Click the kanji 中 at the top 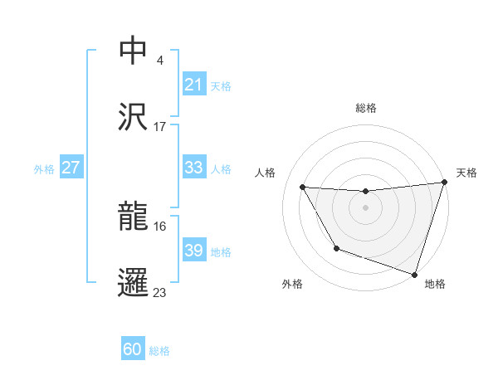point(134,50)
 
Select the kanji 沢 point(134,117)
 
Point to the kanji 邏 point(134,282)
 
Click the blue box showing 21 point(193,85)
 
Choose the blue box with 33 point(193,168)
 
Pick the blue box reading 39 point(193,251)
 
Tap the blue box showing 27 point(71,168)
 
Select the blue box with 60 point(133,350)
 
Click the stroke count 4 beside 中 point(159,60)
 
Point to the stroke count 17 point(160,126)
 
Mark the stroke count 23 point(160,292)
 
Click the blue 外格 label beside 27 point(44,168)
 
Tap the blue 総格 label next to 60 point(159,351)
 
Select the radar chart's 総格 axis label point(365,108)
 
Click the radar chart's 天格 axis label point(466,173)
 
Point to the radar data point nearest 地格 point(414,274)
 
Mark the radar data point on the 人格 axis point(303,187)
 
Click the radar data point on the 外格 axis point(336,248)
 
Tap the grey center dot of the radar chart point(365,207)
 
